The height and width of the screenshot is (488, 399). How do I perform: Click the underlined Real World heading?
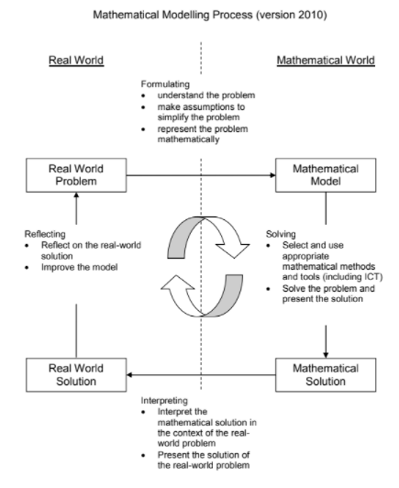click(x=76, y=61)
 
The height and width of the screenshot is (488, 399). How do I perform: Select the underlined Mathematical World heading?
click(x=326, y=61)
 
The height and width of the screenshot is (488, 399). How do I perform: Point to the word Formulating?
click(x=165, y=84)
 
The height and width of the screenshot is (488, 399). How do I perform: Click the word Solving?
click(x=281, y=234)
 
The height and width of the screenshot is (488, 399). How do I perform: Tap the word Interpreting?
click(x=164, y=401)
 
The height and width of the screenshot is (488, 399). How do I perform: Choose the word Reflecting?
click(x=45, y=234)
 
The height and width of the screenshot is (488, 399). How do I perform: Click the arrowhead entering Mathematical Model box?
click(x=272, y=175)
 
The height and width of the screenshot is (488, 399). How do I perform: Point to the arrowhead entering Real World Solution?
click(x=129, y=374)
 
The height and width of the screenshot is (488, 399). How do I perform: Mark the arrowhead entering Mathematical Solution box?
click(x=326, y=355)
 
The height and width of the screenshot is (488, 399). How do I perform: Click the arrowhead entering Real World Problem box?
click(x=76, y=195)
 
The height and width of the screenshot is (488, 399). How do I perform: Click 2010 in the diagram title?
click(x=312, y=15)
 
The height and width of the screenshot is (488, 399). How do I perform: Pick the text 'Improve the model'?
click(x=80, y=267)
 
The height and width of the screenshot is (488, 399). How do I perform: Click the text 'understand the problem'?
click(x=206, y=95)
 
